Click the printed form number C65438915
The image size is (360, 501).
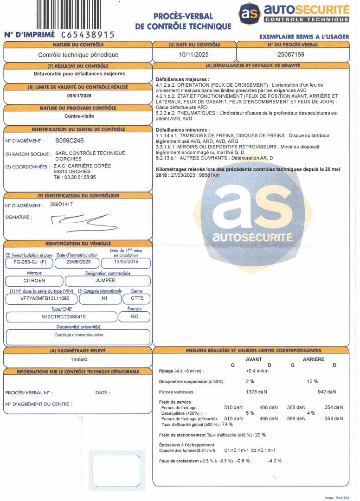tap(88, 35)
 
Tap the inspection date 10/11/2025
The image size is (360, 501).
tap(194, 54)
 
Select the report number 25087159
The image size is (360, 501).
tap(291, 54)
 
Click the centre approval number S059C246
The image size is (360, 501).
tap(70, 140)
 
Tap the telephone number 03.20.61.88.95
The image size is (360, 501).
tap(75, 177)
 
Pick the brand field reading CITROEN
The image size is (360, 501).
tap(34, 281)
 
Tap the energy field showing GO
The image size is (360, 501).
tap(134, 317)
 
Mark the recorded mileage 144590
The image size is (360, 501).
tap(78, 360)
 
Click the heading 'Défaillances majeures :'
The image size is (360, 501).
tap(182, 79)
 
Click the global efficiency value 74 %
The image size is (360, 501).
tap(227, 424)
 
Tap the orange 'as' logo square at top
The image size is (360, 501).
tap(250, 13)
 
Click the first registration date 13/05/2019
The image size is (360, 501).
tap(126, 262)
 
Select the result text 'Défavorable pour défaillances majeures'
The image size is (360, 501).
tap(79, 73)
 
